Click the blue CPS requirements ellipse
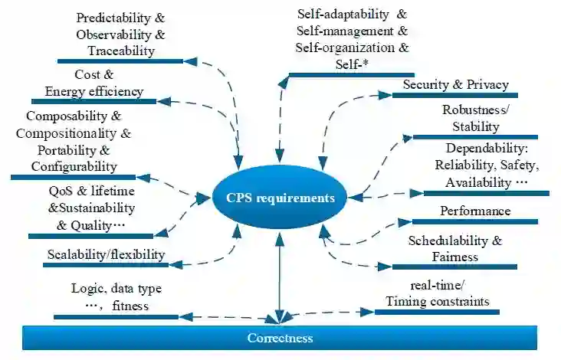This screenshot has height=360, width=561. [x=280, y=198]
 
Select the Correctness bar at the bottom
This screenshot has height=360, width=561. [x=280, y=338]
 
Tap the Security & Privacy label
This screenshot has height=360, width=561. [x=455, y=84]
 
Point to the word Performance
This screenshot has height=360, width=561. [x=475, y=211]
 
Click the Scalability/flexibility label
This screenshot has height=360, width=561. [x=106, y=254]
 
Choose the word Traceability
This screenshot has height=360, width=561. [x=120, y=51]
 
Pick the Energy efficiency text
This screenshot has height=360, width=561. [x=94, y=91]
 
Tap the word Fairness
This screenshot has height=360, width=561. [x=455, y=257]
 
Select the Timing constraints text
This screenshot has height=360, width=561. [x=437, y=301]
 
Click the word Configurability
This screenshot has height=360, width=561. [x=74, y=165]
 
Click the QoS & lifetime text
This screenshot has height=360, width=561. [x=86, y=191]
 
